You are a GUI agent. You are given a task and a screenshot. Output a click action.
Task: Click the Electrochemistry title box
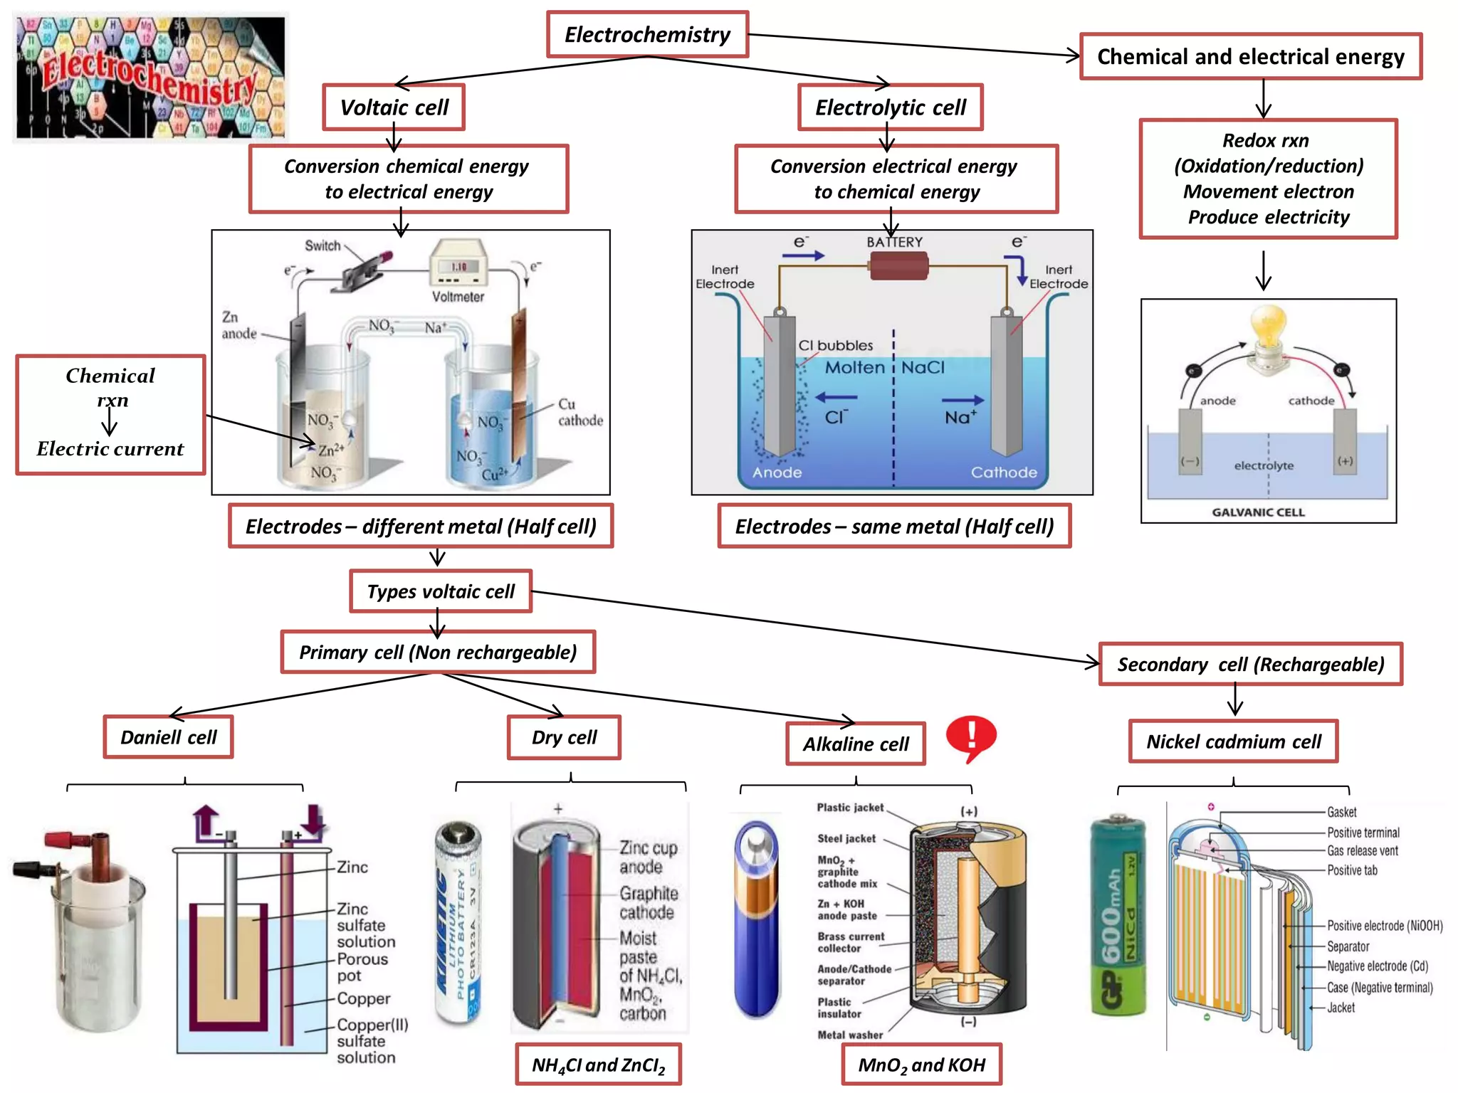tap(646, 34)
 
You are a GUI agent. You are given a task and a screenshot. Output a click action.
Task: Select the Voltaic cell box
tap(394, 107)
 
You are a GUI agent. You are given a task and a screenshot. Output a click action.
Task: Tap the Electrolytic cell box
tap(890, 107)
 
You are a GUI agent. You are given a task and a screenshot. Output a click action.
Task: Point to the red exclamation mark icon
tap(971, 738)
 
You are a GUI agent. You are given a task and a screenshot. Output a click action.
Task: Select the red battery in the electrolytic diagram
tap(898, 268)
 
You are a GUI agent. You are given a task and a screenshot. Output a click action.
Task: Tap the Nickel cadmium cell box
tap(1233, 741)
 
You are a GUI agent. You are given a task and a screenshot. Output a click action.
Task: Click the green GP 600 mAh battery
tap(1119, 918)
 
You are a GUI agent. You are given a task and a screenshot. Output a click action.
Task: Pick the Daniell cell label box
tap(168, 737)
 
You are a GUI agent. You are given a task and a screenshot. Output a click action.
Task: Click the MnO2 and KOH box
tap(921, 1065)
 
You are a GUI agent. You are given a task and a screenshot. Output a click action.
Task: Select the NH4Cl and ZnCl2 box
tap(598, 1065)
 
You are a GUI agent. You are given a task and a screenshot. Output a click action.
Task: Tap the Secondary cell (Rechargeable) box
tap(1250, 665)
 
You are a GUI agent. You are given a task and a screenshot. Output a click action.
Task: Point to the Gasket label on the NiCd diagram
tap(1341, 812)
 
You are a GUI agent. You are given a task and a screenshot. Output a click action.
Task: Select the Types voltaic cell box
tap(441, 591)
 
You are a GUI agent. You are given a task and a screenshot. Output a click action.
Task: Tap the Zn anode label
tap(238, 325)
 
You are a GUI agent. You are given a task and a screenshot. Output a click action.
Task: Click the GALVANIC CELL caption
tap(1258, 512)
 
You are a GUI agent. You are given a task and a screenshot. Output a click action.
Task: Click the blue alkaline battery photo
tap(757, 918)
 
